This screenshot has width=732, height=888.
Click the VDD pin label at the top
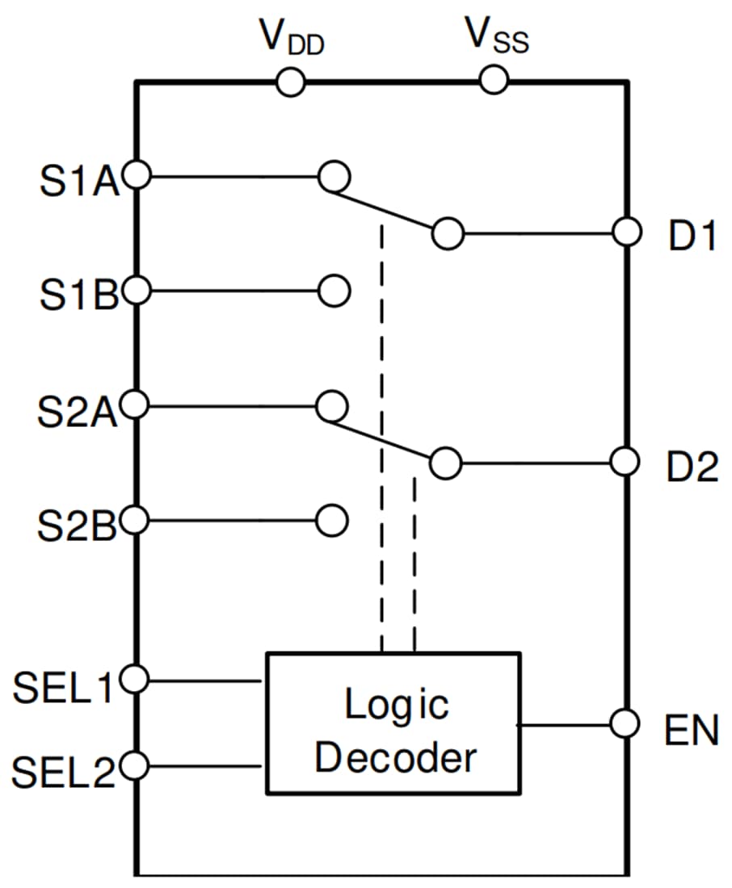(x=291, y=36)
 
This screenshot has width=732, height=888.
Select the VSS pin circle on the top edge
(x=493, y=80)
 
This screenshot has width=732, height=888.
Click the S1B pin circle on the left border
(x=137, y=290)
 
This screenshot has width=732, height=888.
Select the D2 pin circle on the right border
(x=625, y=463)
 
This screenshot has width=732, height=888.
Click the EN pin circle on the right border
(x=625, y=723)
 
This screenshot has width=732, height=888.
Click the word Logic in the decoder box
(x=396, y=705)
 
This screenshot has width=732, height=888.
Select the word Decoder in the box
(x=395, y=758)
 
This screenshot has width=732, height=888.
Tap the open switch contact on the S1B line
(x=333, y=290)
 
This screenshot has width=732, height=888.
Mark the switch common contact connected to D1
(x=448, y=233)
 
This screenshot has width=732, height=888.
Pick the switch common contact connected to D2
(x=445, y=463)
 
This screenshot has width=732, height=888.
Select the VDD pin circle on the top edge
(x=290, y=82)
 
